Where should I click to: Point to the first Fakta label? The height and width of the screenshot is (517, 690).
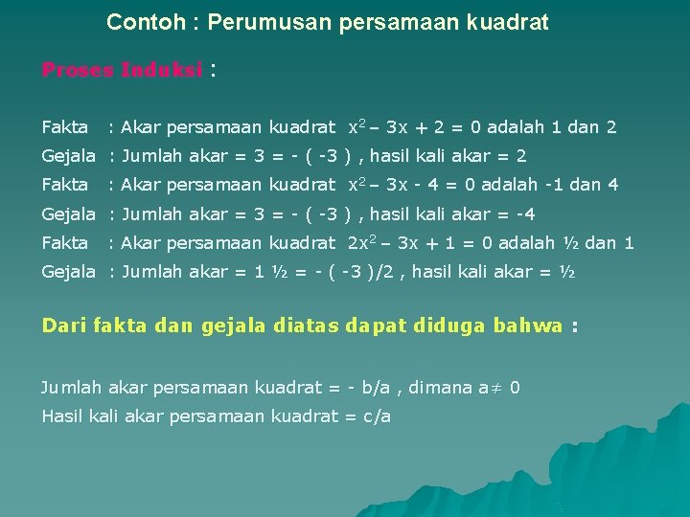point(64,126)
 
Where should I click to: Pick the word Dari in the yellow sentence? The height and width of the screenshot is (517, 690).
point(63,326)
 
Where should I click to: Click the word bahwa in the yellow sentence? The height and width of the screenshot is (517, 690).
point(527,326)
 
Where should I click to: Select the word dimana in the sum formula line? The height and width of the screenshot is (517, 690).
point(439,388)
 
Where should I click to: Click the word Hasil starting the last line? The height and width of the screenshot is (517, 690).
point(61,416)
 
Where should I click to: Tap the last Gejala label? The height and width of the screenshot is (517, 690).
point(68,272)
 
